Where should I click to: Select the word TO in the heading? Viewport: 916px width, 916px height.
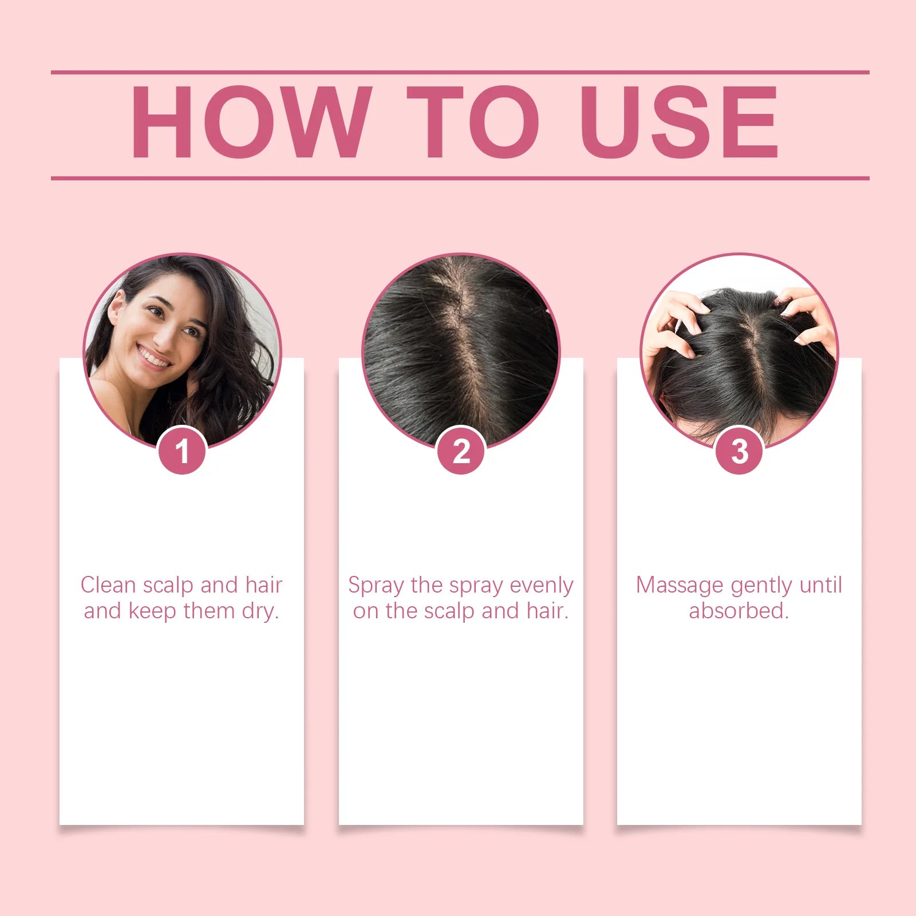coord(473,122)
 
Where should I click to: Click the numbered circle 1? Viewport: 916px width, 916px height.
coord(182,451)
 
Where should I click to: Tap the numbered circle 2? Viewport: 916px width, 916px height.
coord(461,451)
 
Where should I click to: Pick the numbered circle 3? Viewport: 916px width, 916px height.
coord(739,451)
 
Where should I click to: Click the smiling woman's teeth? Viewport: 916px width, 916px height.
coord(153,358)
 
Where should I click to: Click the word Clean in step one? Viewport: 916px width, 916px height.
coord(108,586)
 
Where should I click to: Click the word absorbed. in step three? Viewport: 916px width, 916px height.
coord(739,611)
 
